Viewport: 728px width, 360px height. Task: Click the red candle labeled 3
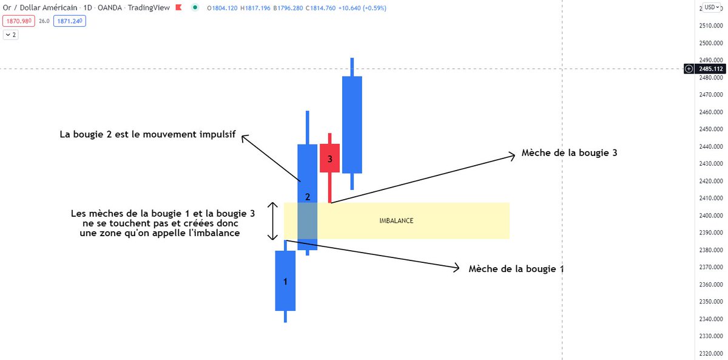pos(329,158)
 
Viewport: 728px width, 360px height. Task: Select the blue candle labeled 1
pos(285,281)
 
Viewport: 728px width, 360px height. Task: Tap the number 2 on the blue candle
pos(308,197)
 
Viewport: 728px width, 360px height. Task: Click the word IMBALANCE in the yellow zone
pos(396,221)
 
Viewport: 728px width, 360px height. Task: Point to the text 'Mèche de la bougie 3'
pos(569,153)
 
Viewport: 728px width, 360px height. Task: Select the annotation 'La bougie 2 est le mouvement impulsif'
pos(147,134)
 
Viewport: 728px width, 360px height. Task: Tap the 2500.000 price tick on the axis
pos(710,43)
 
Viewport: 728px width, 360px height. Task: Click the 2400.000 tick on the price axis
pos(710,216)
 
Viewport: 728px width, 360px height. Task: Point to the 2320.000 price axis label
pos(710,353)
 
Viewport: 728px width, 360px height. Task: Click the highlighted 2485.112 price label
pos(710,69)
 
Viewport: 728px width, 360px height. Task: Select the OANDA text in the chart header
pos(111,8)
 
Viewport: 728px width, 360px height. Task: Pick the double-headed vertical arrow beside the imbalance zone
pos(273,221)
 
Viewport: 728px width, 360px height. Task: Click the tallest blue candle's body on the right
pos(352,124)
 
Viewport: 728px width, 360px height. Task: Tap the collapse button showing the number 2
pos(11,35)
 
